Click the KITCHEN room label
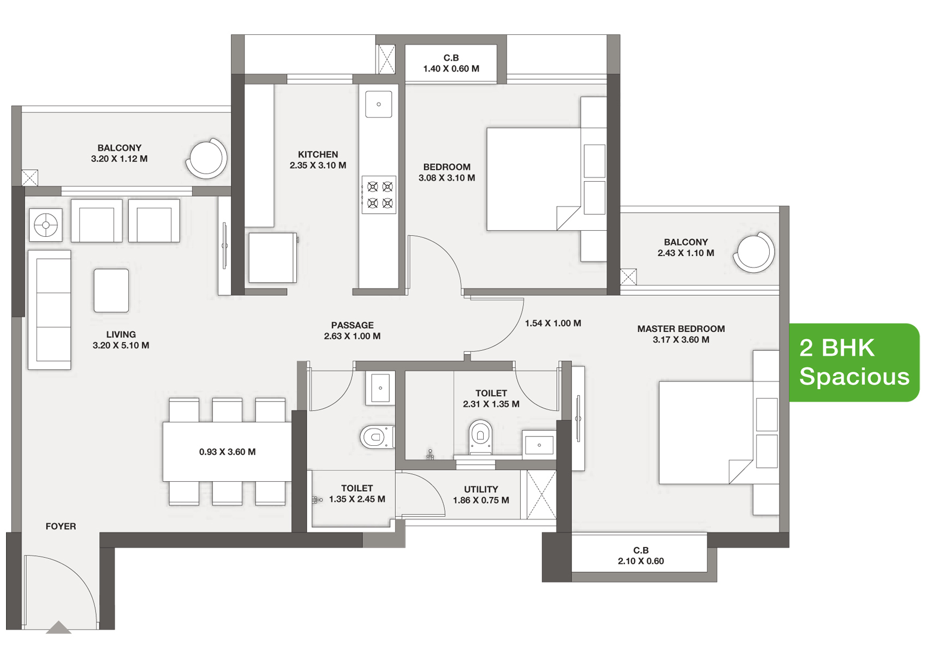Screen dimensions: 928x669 click(x=318, y=154)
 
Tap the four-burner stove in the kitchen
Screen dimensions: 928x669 click(x=379, y=195)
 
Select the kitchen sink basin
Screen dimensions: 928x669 click(x=378, y=104)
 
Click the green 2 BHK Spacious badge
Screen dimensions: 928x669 click(x=854, y=362)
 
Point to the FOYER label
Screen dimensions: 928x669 click(x=61, y=527)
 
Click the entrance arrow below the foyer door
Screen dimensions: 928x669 click(x=58, y=627)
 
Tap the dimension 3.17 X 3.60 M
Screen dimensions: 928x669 click(x=681, y=339)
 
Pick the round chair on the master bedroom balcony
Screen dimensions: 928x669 click(x=753, y=252)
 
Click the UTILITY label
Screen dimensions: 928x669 click(x=481, y=489)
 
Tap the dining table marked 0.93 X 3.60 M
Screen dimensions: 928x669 click(x=227, y=451)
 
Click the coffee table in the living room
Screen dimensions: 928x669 click(x=111, y=290)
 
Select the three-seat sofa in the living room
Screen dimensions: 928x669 click(x=49, y=310)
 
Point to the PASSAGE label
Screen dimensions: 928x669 click(x=352, y=325)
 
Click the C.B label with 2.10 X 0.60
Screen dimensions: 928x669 click(x=641, y=555)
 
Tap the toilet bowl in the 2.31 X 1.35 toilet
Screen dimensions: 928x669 click(x=480, y=437)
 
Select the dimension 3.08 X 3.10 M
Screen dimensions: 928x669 click(x=447, y=178)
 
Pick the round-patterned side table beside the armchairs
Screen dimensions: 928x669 click(x=45, y=225)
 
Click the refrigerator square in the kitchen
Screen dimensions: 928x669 click(x=272, y=258)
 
